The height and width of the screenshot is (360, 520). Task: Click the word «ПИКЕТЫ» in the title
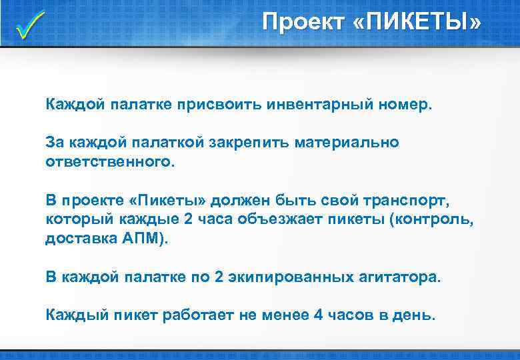pyautogui.click(x=421, y=23)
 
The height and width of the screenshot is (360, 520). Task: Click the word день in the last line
pyautogui.click(x=413, y=314)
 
